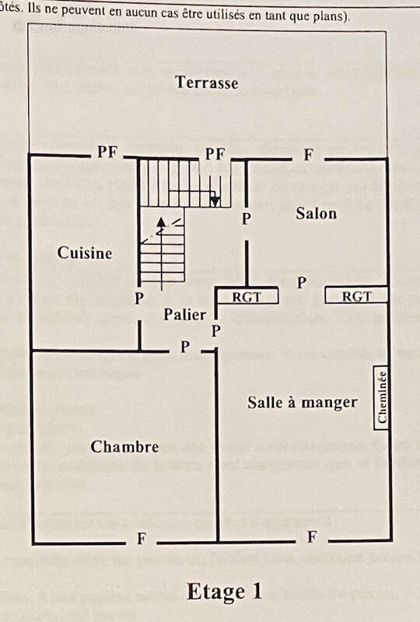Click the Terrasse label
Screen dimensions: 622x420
[x=206, y=82]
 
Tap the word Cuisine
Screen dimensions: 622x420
[x=85, y=253]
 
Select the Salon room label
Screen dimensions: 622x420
[x=316, y=214]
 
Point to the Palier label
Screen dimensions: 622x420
[x=185, y=315]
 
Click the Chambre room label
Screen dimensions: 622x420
[x=124, y=447]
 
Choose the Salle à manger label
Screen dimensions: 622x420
[x=303, y=402]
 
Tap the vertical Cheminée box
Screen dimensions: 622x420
[x=382, y=397]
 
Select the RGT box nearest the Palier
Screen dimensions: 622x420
[x=247, y=296]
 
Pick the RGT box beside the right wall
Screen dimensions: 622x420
[x=356, y=296]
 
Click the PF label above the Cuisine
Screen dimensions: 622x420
[x=107, y=152]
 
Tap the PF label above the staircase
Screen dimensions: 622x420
[x=215, y=155]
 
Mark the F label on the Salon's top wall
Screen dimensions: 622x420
[x=308, y=155]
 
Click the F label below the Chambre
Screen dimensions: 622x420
[x=141, y=539]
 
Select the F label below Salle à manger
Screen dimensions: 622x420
[x=311, y=537]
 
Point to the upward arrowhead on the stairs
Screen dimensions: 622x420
[x=161, y=222]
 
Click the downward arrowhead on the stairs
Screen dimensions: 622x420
[x=215, y=202]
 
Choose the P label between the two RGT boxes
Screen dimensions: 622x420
[x=302, y=282]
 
